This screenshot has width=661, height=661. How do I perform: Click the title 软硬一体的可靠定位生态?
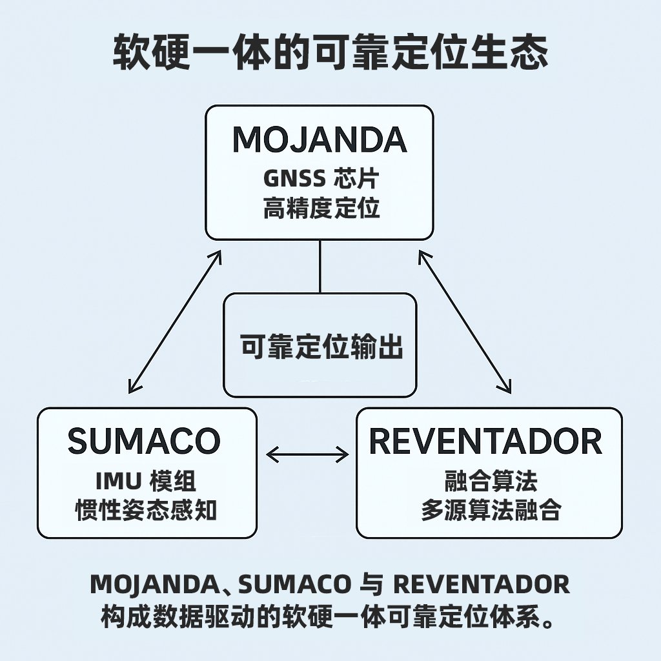click(330, 52)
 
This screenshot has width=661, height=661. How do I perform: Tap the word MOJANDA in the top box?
click(320, 139)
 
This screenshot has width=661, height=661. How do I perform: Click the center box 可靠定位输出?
click(321, 347)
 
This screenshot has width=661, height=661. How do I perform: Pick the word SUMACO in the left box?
click(144, 442)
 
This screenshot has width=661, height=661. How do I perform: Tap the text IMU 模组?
click(145, 481)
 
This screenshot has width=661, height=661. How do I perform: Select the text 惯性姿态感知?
click(146, 511)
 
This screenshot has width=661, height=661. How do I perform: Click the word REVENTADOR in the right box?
click(485, 442)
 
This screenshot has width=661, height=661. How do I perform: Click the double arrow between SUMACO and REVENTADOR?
click(307, 455)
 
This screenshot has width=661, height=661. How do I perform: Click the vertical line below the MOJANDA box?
click(320, 266)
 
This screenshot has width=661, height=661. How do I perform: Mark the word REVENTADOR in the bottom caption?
click(481, 585)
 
